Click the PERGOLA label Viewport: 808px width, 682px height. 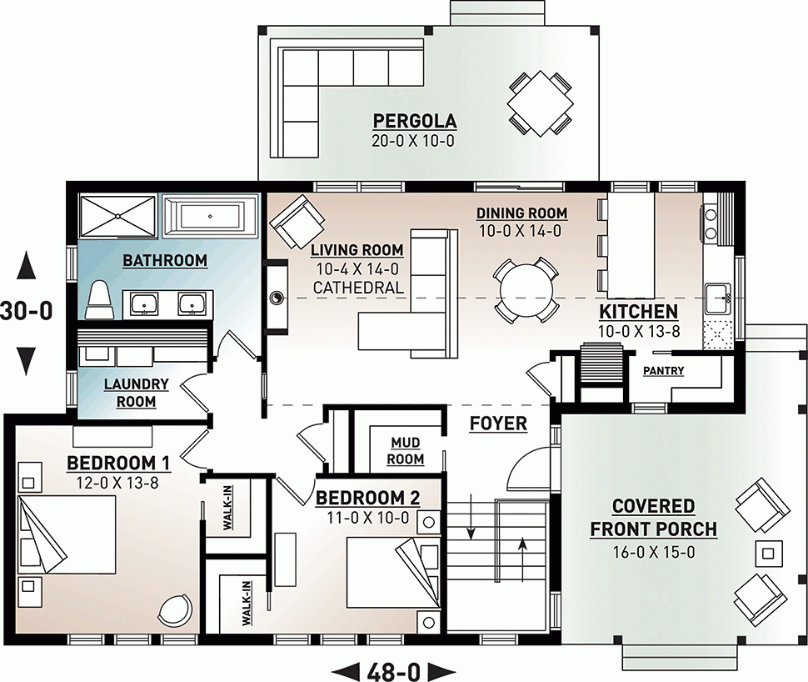coord(414,120)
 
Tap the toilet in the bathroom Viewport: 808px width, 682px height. coord(100,299)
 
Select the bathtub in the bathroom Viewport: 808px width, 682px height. coord(208,217)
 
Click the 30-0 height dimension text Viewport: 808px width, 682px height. coord(27,311)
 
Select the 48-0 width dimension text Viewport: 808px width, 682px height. coord(396,669)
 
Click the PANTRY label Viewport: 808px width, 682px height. coord(663,371)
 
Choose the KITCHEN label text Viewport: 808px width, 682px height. coord(638,313)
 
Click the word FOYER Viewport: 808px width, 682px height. coord(498,424)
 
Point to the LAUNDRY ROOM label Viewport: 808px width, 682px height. coord(136,393)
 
